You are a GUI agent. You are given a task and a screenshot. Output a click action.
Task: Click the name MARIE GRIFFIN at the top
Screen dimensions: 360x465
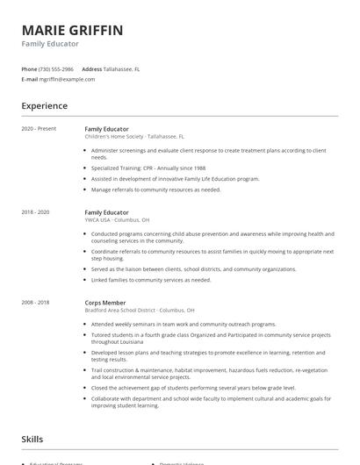coord(72,31)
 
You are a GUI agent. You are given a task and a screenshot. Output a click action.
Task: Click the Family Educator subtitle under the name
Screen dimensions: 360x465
coord(50,44)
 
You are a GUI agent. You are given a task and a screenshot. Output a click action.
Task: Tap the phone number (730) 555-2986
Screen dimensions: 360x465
coord(56,68)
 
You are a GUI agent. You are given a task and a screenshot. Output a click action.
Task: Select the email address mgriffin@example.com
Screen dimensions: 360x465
coord(68,79)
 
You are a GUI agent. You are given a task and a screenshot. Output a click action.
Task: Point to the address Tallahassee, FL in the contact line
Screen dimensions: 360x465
coord(121,68)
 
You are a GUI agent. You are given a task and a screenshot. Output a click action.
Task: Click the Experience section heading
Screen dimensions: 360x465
coord(44,106)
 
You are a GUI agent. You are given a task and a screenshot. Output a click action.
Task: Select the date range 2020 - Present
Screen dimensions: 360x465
coord(39,129)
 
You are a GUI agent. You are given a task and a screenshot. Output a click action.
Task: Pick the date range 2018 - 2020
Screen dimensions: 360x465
coord(35,212)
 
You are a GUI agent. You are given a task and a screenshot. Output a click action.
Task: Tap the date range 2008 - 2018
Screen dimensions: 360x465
coord(35,303)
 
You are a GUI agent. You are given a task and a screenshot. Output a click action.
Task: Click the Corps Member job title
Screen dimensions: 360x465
coord(105,303)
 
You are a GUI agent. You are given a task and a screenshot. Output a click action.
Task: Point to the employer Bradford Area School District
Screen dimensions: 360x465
coord(140,311)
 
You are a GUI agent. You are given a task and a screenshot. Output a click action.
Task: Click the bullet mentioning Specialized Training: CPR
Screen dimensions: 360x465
coord(149,168)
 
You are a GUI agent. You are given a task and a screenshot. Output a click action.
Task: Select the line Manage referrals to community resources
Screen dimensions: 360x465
coord(156,190)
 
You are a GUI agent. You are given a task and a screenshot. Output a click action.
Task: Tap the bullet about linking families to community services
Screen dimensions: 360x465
coord(151,280)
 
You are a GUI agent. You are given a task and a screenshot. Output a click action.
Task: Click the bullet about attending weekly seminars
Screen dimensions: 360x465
coord(165,324)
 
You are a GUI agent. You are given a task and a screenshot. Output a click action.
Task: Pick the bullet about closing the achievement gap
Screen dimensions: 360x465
coord(193,387)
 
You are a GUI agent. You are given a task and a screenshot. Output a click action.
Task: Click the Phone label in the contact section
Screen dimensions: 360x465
coord(29,68)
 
